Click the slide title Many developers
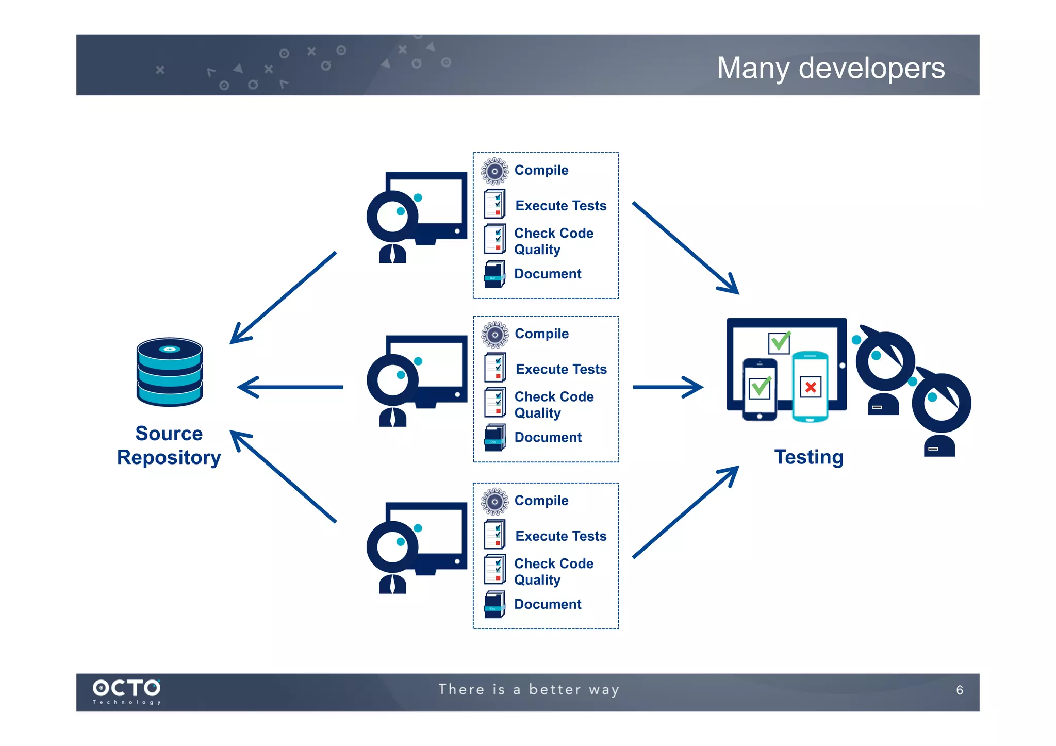830,68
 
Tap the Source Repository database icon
170,372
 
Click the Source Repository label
169,445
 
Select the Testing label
808,457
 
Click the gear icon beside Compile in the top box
494,171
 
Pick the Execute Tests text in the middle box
561,369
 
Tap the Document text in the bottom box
548,604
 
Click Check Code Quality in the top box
553,241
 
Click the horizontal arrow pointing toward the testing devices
667,387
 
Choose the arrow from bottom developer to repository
283,477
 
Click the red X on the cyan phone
810,387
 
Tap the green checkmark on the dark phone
761,387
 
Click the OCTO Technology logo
126,691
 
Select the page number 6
959,690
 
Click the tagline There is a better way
529,689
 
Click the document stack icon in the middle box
494,437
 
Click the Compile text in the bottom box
541,501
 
